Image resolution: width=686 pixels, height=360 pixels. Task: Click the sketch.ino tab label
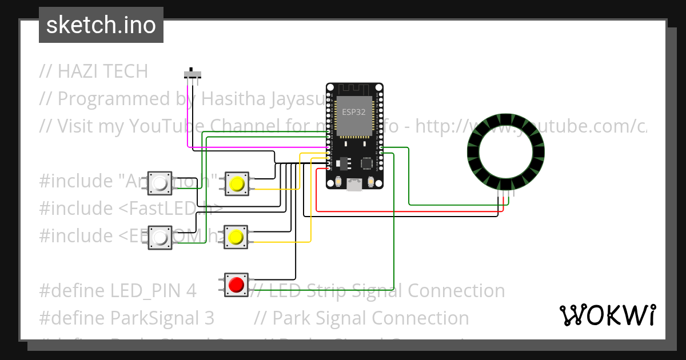click(101, 25)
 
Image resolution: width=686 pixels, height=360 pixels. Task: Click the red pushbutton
click(236, 284)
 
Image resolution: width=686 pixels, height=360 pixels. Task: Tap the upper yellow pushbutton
click(236, 184)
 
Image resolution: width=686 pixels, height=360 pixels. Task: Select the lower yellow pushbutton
click(236, 237)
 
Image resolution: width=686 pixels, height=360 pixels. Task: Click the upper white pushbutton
click(160, 184)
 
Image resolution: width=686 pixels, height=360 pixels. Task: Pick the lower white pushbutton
click(160, 237)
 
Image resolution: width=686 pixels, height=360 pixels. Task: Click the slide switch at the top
click(193, 74)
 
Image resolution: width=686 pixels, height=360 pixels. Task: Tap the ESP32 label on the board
click(354, 112)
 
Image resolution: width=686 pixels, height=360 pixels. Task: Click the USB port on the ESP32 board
click(354, 184)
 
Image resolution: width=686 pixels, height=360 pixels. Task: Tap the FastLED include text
click(171, 209)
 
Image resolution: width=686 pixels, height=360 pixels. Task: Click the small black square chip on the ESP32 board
click(366, 163)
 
